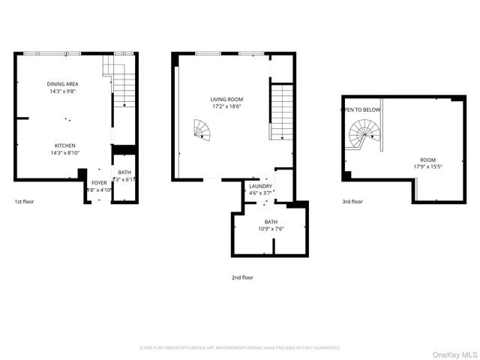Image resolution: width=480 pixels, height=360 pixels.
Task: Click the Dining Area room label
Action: click(64, 84)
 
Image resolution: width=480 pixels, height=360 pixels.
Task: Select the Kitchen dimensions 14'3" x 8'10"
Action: click(64, 153)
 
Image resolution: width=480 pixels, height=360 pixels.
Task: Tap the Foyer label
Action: click(99, 182)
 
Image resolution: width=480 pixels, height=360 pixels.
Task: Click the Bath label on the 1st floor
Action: click(124, 172)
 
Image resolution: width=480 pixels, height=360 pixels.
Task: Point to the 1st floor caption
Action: click(24, 202)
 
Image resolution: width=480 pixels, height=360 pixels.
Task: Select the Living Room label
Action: click(226, 99)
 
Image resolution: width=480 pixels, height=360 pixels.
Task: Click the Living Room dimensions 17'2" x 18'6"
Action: click(226, 106)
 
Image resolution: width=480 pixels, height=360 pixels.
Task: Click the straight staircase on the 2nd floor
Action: click(281, 112)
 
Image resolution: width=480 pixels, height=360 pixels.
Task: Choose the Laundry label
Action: click(261, 186)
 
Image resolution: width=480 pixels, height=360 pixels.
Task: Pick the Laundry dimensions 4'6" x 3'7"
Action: click(261, 193)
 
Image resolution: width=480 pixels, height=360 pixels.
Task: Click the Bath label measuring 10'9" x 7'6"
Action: click(271, 222)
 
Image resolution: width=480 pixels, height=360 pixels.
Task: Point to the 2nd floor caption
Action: click(242, 277)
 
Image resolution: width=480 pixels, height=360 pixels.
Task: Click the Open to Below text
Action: click(361, 110)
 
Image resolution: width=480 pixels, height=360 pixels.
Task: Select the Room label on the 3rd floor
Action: click(427, 159)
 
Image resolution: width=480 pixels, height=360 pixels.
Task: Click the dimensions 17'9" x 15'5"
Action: click(427, 166)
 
